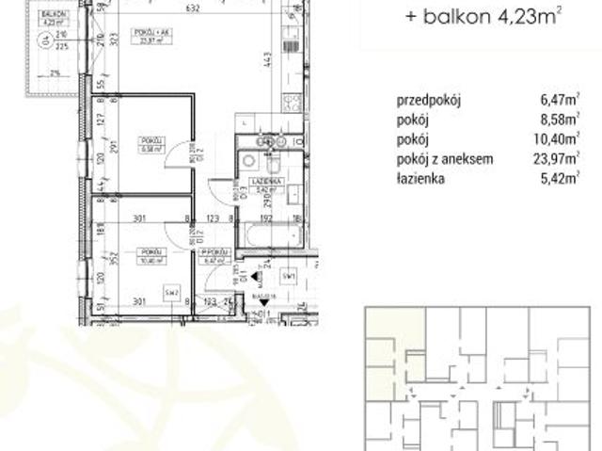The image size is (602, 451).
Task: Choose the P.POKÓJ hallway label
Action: click(x=214, y=253)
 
